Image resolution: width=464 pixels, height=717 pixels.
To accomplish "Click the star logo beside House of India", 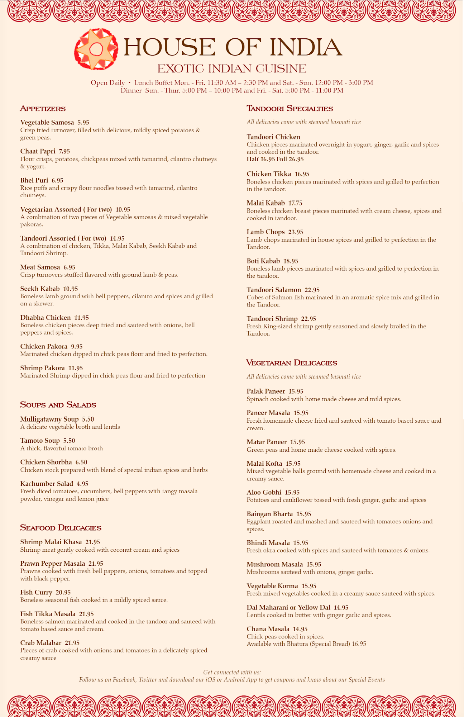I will coord(96,49).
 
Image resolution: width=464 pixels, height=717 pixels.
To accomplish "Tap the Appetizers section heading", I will coord(43,109).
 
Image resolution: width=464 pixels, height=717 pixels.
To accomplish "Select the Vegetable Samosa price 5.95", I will coord(83,123).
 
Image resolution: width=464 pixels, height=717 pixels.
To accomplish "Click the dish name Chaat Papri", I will coord(38,151).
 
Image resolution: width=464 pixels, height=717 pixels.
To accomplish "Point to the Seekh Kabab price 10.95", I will coord(71,289).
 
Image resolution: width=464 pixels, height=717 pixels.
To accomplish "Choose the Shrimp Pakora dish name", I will coord(42,368).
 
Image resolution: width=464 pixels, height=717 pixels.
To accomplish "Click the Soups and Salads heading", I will coord(58,405).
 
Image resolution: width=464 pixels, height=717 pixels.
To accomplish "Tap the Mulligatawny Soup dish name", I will coord(49,419).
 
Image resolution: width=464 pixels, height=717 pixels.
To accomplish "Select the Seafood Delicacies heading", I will coord(61,528).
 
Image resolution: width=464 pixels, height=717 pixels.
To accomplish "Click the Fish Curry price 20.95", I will coord(63,593).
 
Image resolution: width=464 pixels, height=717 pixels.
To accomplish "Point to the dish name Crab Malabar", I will coord(40,643).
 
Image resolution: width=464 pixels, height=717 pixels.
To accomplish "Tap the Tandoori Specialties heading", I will coord(290,109).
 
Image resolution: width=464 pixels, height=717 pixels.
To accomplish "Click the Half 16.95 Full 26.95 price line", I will coord(275,159).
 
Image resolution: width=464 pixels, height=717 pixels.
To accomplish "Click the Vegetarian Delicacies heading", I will coord(291,363).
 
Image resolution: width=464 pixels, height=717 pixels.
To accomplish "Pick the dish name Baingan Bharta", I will coord(269,514).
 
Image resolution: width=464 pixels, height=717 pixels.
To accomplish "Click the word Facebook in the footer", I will coord(124,680).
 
